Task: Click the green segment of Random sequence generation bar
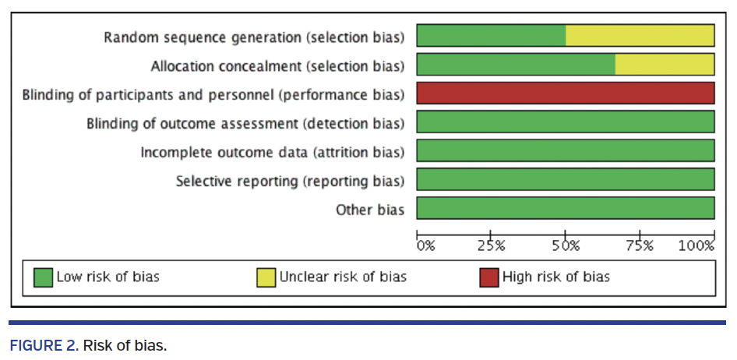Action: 491,36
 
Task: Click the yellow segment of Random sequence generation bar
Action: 640,36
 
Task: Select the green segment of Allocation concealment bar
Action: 516,65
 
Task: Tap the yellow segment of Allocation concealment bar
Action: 665,65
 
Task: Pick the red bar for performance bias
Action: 566,93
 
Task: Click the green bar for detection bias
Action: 566,122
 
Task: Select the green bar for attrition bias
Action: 566,150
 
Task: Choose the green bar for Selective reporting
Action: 566,179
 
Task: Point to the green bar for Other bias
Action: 566,208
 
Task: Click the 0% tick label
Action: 425,245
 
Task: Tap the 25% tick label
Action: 491,245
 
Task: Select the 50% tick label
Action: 566,245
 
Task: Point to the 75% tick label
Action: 640,245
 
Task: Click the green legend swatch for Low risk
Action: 44,277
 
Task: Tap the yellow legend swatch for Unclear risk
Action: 266,277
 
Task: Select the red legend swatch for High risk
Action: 488,277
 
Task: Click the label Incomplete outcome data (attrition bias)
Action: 272,152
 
